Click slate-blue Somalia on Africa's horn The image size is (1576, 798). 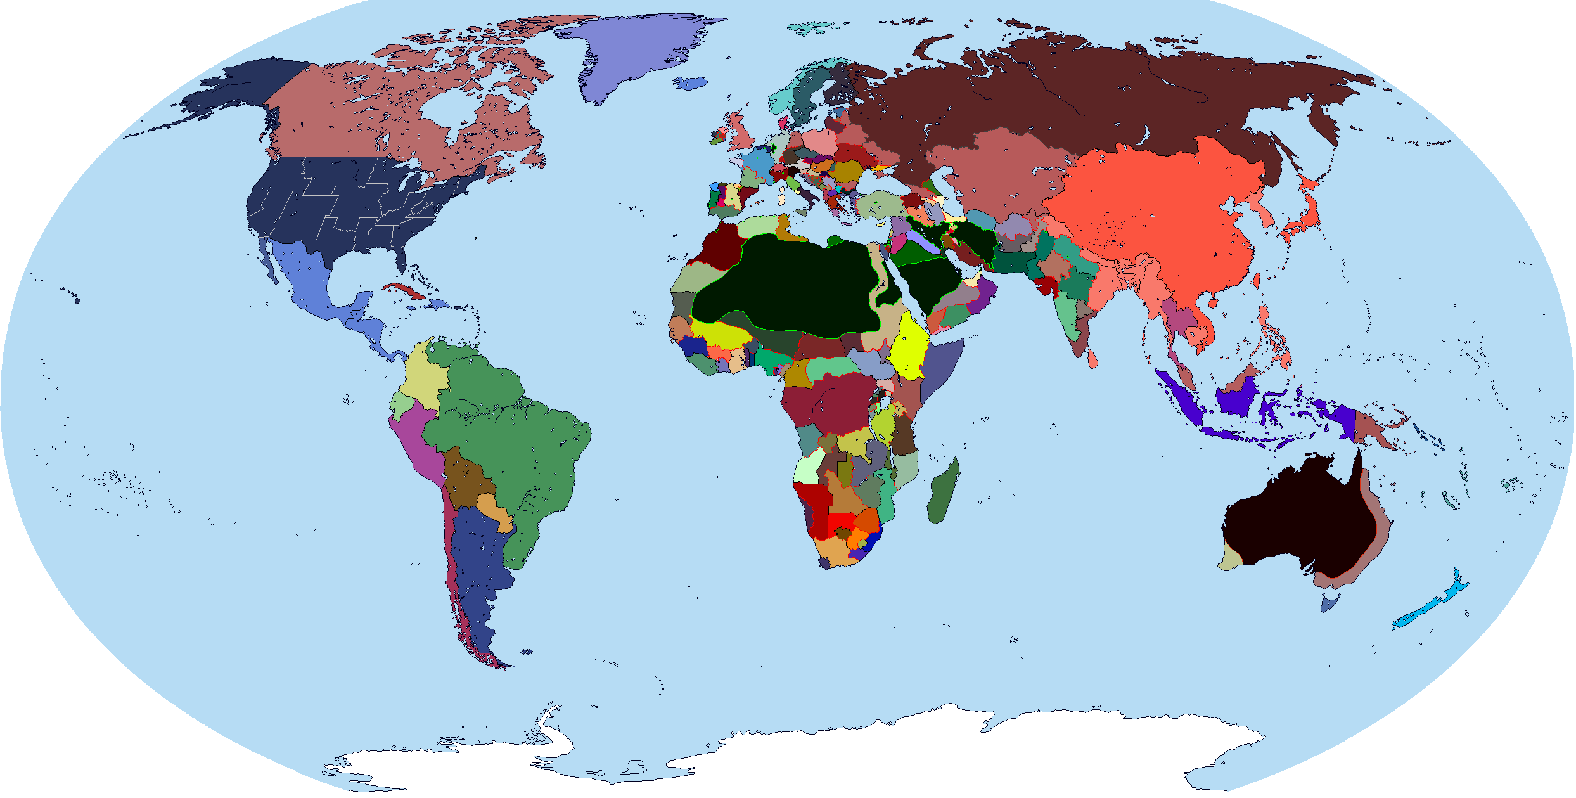click(x=938, y=374)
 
